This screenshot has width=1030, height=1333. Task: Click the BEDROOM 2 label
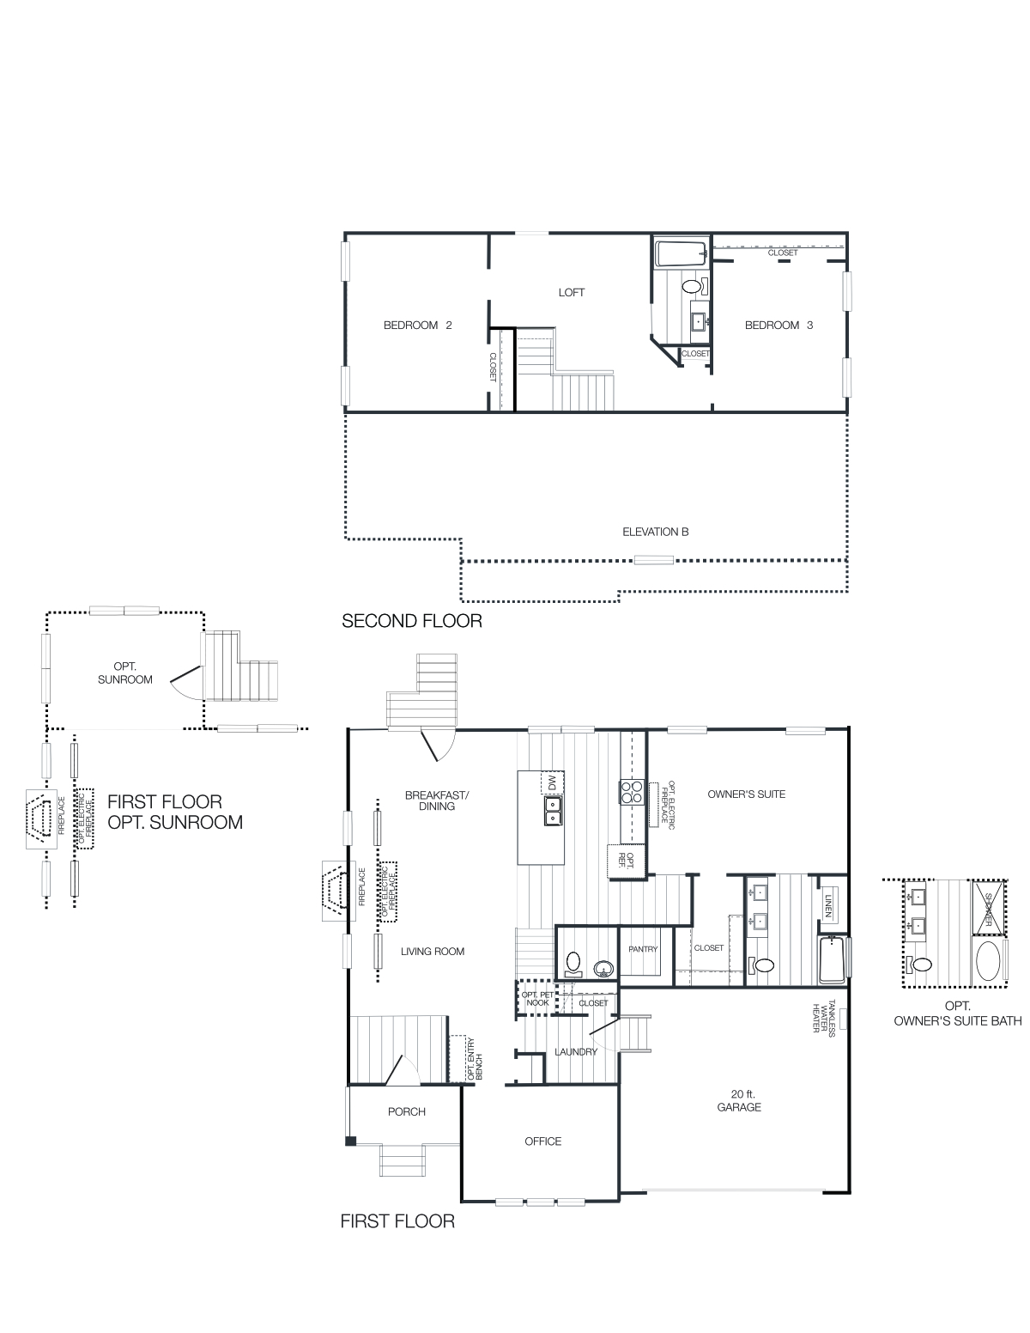click(x=417, y=325)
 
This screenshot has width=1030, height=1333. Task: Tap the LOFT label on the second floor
click(x=572, y=292)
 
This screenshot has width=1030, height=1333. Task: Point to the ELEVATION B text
click(x=656, y=532)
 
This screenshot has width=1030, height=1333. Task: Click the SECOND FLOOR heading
click(x=412, y=620)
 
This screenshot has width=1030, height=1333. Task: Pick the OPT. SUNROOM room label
click(x=131, y=673)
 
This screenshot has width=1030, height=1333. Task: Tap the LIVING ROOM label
click(x=433, y=951)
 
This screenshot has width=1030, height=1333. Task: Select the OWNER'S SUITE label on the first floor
click(x=746, y=794)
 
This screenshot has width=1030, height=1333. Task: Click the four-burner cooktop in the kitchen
click(x=633, y=790)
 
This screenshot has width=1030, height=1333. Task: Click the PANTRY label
click(x=643, y=949)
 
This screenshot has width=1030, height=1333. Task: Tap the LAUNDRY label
click(x=576, y=1051)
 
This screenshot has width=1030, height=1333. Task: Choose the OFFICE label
click(x=542, y=1141)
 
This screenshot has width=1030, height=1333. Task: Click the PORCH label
click(x=406, y=1111)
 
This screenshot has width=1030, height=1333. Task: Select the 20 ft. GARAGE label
click(x=739, y=1100)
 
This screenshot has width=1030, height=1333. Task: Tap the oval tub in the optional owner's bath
click(x=987, y=963)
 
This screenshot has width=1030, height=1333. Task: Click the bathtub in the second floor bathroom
click(x=680, y=253)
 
